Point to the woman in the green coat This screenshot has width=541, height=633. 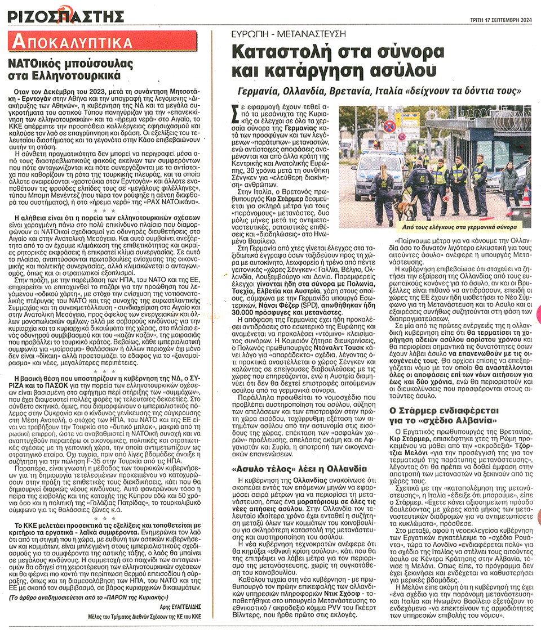click(x=509, y=181)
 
